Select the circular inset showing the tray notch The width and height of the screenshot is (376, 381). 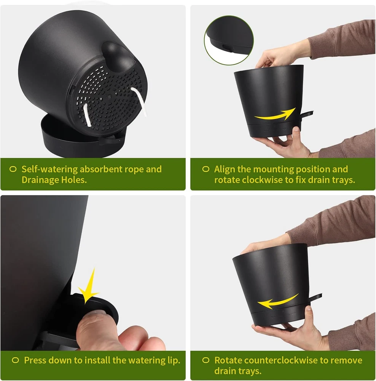pos(229,40)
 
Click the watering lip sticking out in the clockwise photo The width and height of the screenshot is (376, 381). pos(306,114)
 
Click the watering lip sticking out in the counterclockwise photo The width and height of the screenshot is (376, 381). pos(315,297)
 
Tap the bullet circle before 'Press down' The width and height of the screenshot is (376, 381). pos(15,360)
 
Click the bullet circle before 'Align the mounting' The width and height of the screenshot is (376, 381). pos(206,169)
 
